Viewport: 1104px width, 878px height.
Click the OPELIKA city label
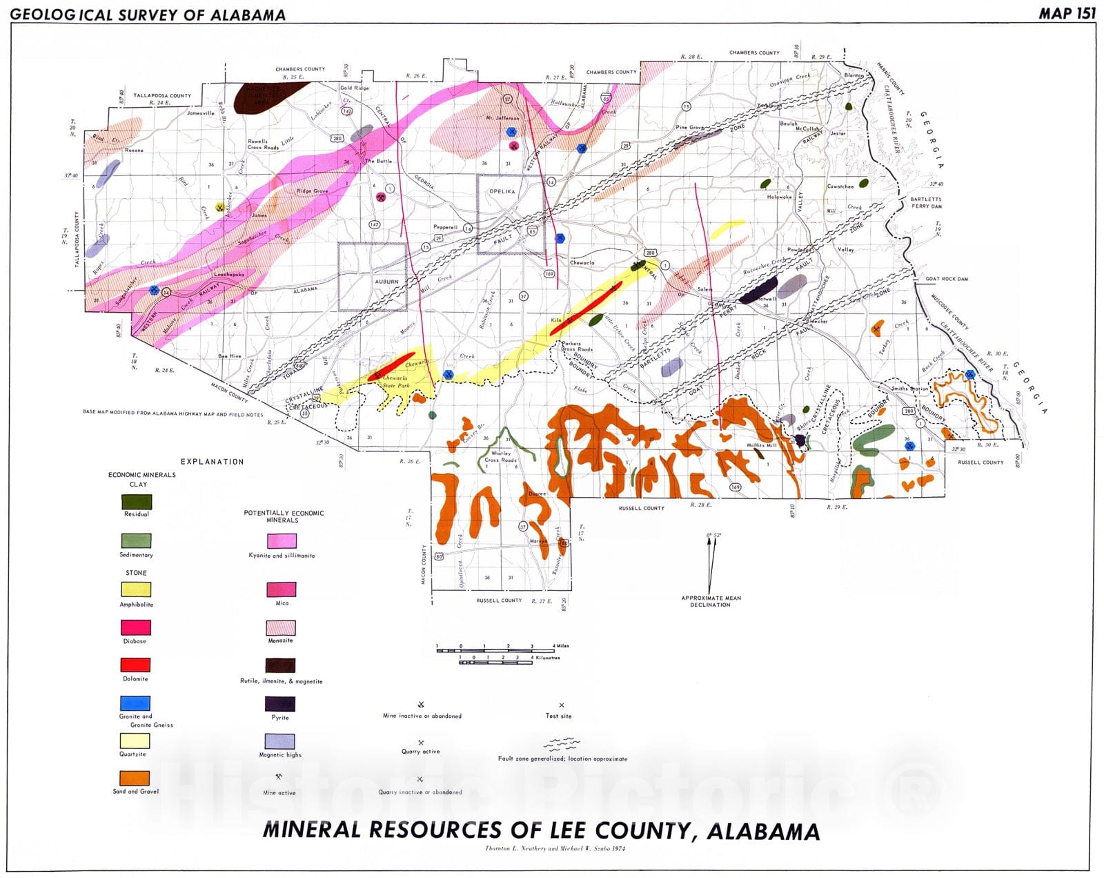[x=502, y=191]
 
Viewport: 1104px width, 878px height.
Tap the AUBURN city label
[x=386, y=282]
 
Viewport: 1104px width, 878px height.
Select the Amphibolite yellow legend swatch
[x=136, y=589]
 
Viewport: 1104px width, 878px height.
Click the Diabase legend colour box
[x=136, y=627]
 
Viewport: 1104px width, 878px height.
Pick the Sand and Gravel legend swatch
[x=135, y=779]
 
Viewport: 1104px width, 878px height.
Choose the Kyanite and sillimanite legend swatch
[x=282, y=541]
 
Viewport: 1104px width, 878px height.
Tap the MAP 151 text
[x=1067, y=13]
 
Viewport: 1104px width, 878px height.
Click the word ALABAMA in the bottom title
[x=763, y=830]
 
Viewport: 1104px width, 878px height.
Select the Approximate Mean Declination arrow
[x=711, y=566]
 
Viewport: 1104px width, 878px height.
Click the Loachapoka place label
[x=229, y=274]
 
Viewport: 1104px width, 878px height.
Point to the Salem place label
[x=704, y=289]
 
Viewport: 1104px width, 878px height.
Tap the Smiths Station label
[x=909, y=389]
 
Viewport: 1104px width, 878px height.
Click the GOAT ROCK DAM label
[x=947, y=279]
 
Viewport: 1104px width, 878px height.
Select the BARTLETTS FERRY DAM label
[x=926, y=202]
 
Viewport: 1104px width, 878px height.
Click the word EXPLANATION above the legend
[x=212, y=462]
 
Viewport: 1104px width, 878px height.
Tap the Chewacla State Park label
[x=396, y=382]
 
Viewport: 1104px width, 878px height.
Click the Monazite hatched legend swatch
[x=281, y=627]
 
